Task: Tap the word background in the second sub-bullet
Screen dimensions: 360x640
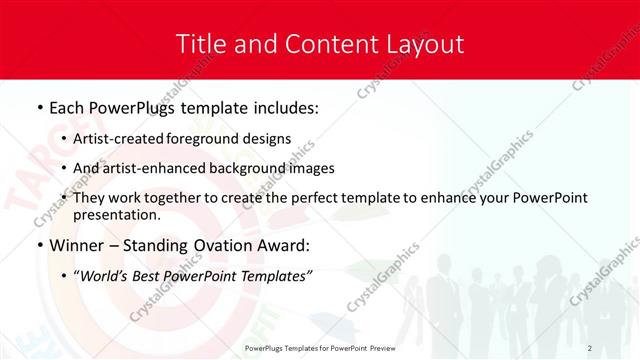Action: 251,168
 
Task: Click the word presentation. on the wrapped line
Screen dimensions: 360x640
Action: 117,215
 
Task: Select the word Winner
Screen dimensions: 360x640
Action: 79,245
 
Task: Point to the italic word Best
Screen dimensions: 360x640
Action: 152,276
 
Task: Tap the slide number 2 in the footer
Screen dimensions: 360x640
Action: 590,348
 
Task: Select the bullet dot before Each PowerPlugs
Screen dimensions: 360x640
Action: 39,107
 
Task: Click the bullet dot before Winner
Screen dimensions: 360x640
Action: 39,245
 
